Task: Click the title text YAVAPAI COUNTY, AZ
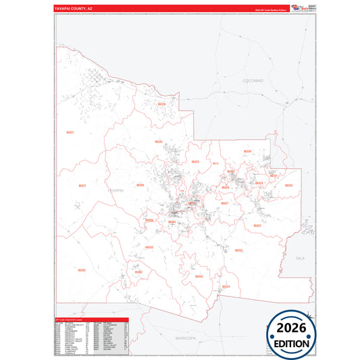pyautogui.click(x=74, y=8)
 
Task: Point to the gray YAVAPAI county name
pyautogui.click(x=116, y=191)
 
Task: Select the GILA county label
pyautogui.click(x=301, y=258)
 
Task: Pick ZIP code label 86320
pyautogui.click(x=161, y=104)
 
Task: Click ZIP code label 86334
pyautogui.click(x=158, y=142)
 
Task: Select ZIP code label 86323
pyautogui.click(x=195, y=162)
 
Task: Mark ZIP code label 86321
pyautogui.click(x=82, y=185)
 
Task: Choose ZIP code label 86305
pyautogui.click(x=140, y=184)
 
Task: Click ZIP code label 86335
pyautogui.click(x=288, y=185)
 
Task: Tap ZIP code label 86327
pyautogui.click(x=225, y=203)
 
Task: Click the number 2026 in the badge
pyautogui.click(x=290, y=328)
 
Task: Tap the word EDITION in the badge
pyautogui.click(x=290, y=343)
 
